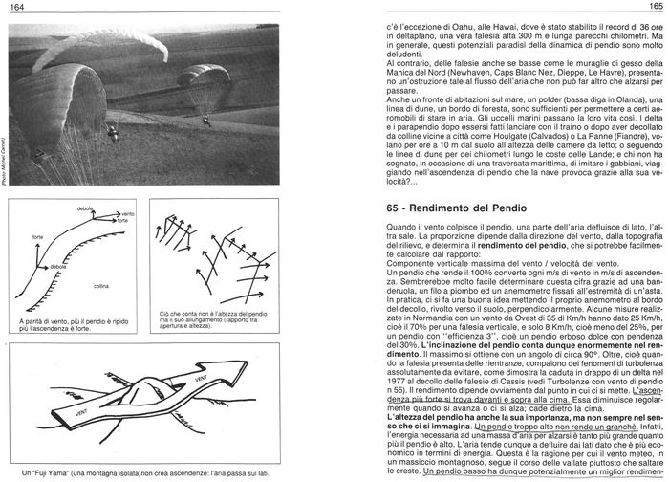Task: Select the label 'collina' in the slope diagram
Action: pyautogui.click(x=101, y=286)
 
